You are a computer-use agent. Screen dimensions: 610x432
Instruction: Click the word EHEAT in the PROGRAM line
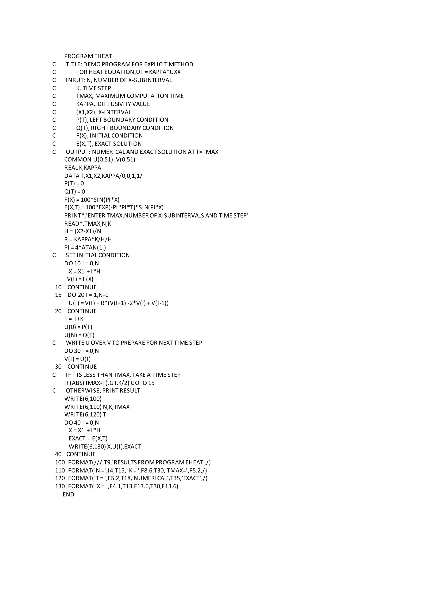click(x=103, y=56)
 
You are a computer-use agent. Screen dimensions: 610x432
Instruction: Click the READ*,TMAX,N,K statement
click(x=88, y=223)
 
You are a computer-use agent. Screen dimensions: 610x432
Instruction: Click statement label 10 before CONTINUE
click(x=58, y=287)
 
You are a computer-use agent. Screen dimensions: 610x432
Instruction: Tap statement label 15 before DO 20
click(x=58, y=295)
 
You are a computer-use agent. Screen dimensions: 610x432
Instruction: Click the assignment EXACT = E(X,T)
click(x=88, y=438)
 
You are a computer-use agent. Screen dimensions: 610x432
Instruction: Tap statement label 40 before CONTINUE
click(x=58, y=454)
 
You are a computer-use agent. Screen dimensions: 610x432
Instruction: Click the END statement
click(x=68, y=494)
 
